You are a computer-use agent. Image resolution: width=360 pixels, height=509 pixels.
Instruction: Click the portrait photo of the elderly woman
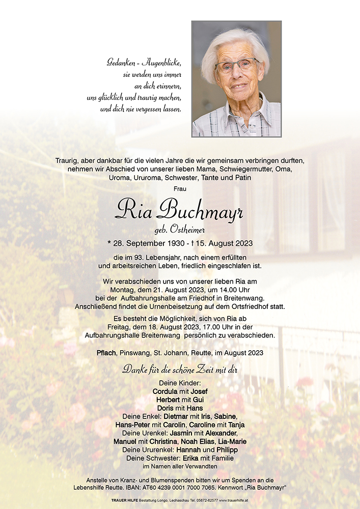click(236, 79)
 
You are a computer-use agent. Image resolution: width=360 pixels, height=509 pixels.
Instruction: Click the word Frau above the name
click(180, 189)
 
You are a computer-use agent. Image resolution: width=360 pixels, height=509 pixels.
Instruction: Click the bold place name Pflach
click(107, 353)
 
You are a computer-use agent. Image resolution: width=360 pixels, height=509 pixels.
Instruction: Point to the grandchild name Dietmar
click(164, 416)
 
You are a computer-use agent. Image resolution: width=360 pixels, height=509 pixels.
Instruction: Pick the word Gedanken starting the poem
click(119, 63)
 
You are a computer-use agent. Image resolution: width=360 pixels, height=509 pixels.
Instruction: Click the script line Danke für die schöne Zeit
click(180, 370)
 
